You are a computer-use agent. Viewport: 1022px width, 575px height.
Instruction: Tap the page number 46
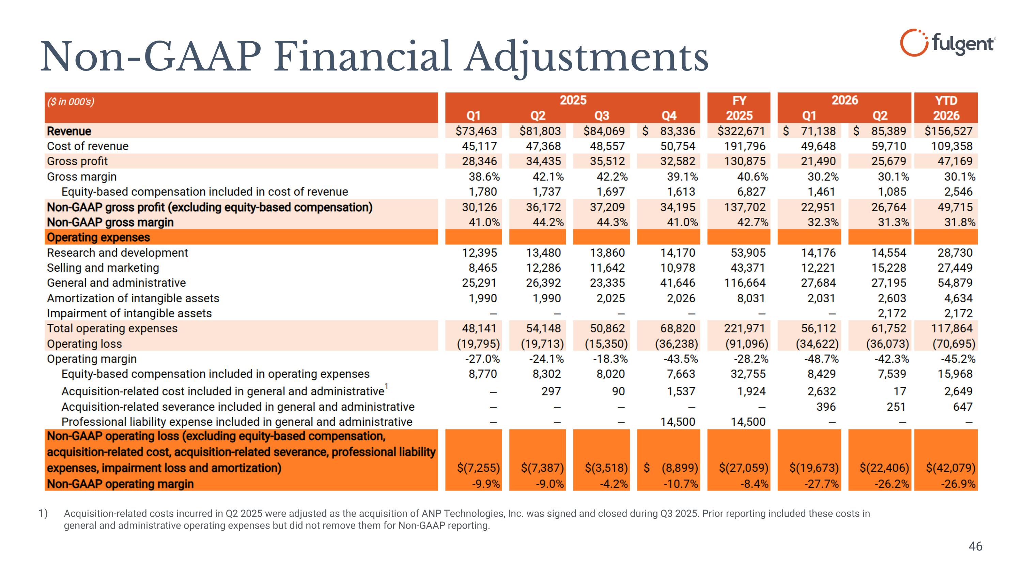pos(975,546)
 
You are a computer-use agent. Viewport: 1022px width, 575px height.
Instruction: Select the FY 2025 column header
pos(739,108)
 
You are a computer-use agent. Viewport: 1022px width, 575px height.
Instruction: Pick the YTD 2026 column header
pos(946,108)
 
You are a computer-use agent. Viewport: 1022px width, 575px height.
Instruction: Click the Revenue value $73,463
pos(476,131)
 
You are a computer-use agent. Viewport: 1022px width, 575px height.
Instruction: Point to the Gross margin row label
pos(82,177)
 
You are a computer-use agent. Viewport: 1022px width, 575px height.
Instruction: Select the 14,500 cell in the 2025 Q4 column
pos(678,422)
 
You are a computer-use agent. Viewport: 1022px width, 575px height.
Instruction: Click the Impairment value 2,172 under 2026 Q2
pos(892,314)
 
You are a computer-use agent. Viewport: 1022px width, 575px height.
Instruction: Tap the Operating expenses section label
pos(98,237)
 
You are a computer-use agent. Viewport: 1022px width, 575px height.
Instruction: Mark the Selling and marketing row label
pos(103,268)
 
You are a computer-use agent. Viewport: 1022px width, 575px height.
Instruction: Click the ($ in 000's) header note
pos(71,102)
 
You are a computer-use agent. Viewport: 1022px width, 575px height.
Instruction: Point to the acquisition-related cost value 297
pos(551,391)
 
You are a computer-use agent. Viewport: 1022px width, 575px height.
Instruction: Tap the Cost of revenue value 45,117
pos(479,146)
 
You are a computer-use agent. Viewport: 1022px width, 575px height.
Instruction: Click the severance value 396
pos(826,407)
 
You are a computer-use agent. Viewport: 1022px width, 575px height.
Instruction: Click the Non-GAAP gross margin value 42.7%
pos(753,222)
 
